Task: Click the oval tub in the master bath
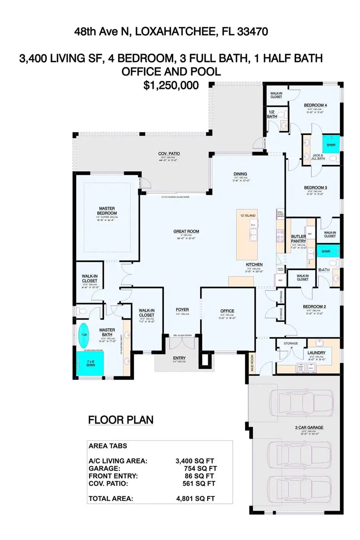[84, 335]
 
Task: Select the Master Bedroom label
[107, 210]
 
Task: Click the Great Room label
[186, 231]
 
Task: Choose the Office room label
[227, 311]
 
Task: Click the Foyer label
[182, 310]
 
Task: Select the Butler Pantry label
[298, 239]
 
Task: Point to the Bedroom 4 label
[315, 105]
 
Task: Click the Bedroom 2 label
[314, 307]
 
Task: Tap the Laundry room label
[316, 353]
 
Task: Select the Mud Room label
[252, 363]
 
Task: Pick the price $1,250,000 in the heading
[171, 85]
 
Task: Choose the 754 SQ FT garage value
[200, 468]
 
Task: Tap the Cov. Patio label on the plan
[169, 153]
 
